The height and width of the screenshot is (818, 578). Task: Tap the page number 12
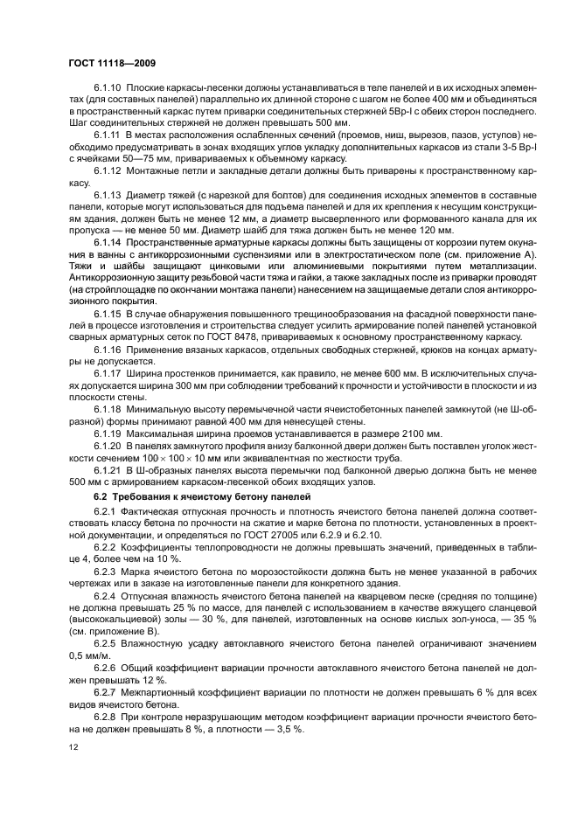[x=73, y=748]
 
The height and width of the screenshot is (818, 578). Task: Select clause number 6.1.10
[x=108, y=89]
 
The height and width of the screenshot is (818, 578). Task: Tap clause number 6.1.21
[x=108, y=470]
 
